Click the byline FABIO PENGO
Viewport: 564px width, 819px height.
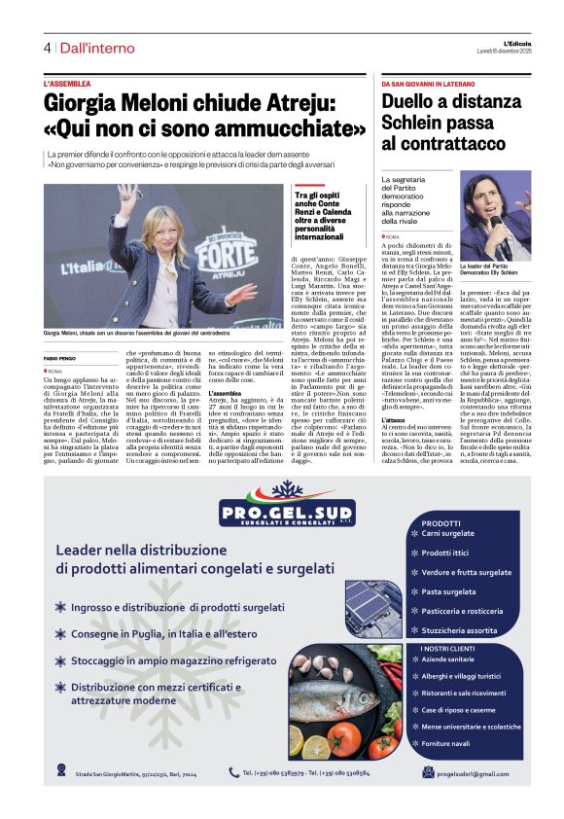[59, 358]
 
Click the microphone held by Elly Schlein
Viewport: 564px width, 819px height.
[496, 228]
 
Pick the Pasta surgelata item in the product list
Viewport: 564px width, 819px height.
[448, 590]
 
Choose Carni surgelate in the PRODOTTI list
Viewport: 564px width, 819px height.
[449, 533]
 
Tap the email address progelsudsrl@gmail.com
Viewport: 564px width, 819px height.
[473, 773]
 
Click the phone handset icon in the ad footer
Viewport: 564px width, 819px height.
[233, 772]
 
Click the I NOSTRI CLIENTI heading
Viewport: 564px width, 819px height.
[447, 649]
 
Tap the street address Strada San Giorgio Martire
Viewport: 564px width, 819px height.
[117, 774]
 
